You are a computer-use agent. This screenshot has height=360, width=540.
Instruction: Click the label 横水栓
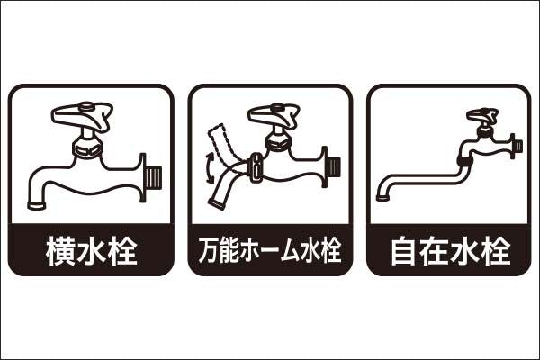pos(91,250)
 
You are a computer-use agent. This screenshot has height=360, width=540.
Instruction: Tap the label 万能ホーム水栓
pos(270,250)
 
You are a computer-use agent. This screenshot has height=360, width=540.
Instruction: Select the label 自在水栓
pos(450,250)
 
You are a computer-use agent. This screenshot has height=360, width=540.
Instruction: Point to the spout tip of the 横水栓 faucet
pos(37,205)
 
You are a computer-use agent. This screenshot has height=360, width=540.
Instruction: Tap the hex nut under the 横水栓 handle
pos(88,148)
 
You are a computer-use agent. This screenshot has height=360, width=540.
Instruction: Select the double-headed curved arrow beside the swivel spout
pos(209,168)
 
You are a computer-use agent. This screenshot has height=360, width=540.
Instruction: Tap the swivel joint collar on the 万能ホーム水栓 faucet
pos(256,167)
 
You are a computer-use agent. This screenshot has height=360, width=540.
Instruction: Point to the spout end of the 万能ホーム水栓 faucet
pos(217,204)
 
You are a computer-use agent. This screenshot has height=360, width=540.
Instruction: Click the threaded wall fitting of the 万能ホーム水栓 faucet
pos(331,167)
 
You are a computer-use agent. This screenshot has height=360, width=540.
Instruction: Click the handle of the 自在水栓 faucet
pos(482,115)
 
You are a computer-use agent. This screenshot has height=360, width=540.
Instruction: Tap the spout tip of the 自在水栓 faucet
pos(382,198)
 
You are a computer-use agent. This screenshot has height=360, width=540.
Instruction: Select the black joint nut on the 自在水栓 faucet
pos(463,160)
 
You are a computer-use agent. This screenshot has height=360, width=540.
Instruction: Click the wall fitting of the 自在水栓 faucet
pos(517,146)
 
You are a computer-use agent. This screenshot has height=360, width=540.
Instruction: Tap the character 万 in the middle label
pos(209,250)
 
